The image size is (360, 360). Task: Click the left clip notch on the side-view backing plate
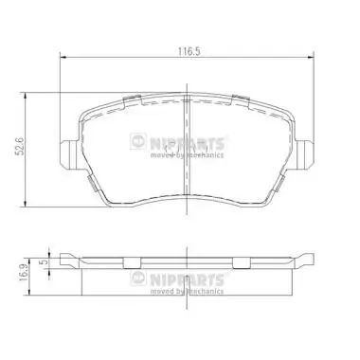click(86, 261)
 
